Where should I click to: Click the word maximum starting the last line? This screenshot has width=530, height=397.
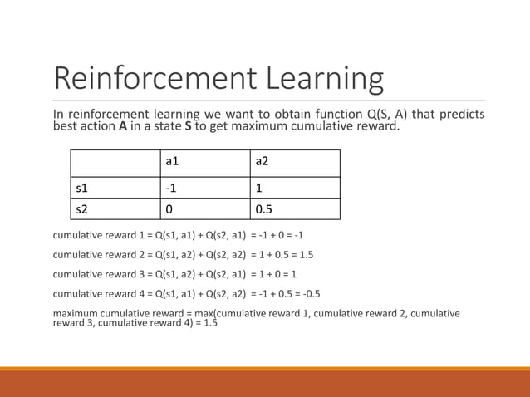point(76,313)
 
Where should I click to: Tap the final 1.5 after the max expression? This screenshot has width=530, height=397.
point(209,323)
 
